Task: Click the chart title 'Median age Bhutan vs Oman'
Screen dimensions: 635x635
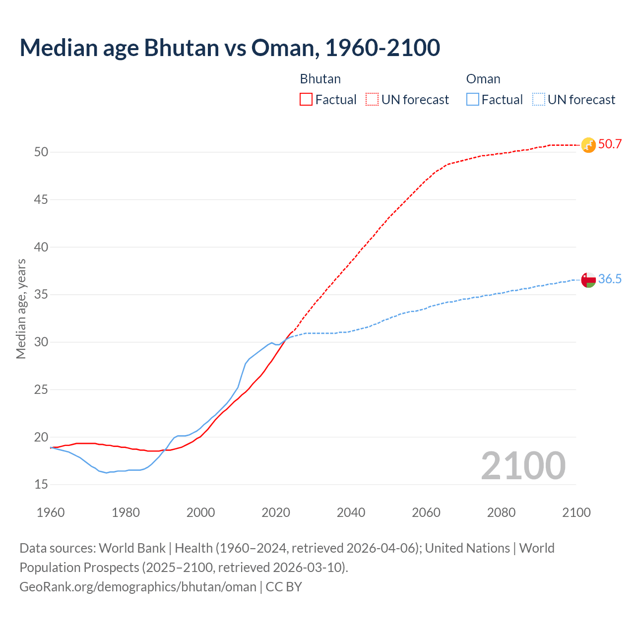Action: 230,48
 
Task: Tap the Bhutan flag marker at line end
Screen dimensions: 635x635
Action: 588,145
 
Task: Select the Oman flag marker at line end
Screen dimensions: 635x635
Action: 588,280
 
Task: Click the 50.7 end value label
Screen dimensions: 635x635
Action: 610,144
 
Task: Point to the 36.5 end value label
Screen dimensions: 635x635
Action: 610,279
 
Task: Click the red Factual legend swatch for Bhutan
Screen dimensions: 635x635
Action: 306,100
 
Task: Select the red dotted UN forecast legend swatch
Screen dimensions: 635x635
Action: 372,100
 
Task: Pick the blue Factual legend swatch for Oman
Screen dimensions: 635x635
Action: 473,100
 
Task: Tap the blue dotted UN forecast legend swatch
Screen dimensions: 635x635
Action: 539,100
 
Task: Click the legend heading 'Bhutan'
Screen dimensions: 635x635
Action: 320,79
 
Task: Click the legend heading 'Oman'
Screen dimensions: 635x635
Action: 483,79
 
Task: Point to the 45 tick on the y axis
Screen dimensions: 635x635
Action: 41,200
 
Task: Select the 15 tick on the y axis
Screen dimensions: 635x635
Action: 41,485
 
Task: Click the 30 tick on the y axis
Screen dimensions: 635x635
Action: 41,342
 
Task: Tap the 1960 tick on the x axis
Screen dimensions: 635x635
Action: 51,512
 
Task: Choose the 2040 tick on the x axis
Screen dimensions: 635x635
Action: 351,512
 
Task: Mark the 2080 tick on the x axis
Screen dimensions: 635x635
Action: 501,512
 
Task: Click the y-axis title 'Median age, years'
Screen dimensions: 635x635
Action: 21,309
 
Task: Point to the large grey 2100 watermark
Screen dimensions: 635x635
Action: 523,466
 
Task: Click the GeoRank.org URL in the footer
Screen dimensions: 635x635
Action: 138,587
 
